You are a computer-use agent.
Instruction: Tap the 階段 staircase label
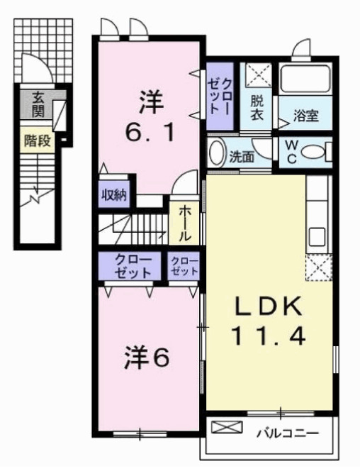pos(37,140)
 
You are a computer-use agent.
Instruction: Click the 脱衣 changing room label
pos(257,108)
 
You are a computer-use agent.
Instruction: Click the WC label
pos(291,152)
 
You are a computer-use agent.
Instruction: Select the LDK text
pos(269,306)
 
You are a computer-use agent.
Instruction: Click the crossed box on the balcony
pos(227,429)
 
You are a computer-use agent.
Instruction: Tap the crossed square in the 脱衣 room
pos(254,75)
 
